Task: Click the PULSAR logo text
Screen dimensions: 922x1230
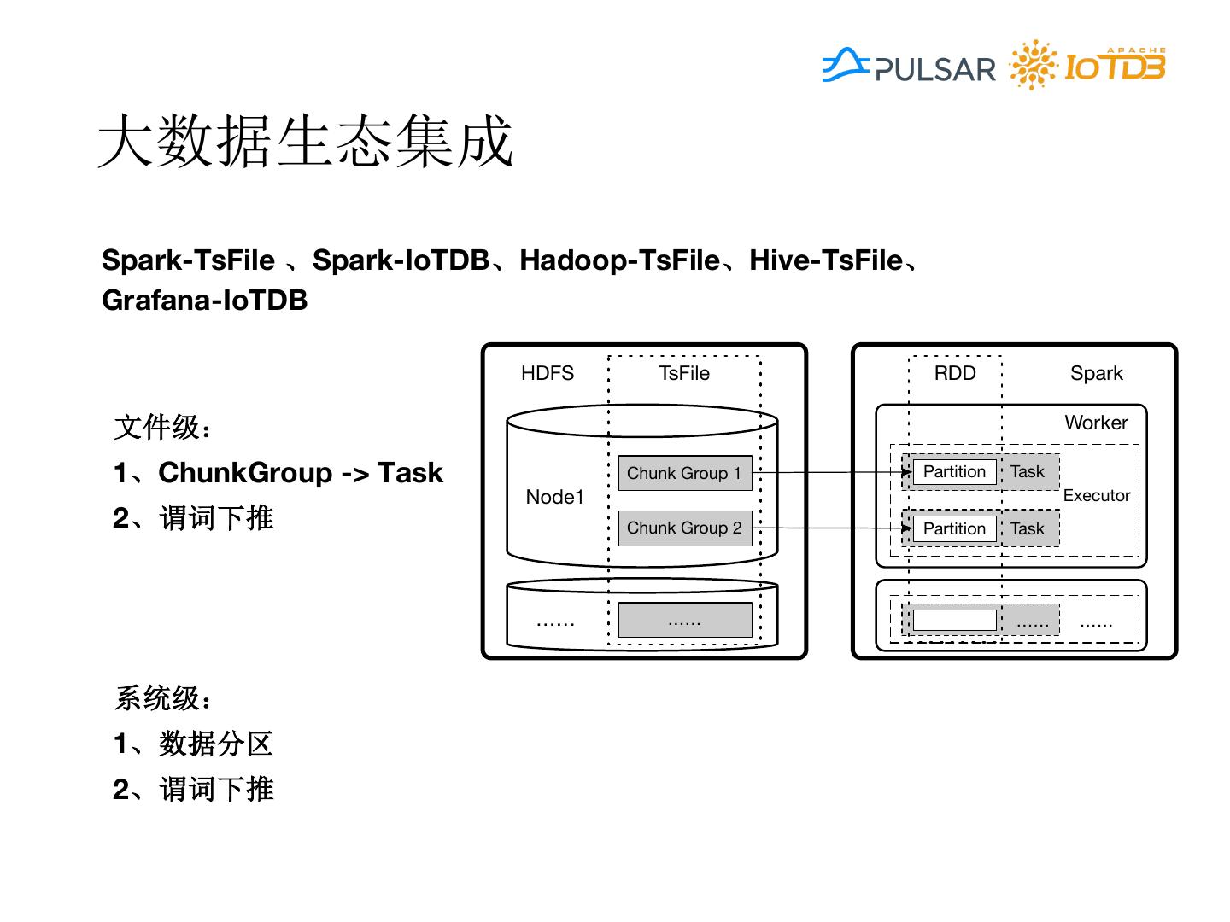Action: [934, 69]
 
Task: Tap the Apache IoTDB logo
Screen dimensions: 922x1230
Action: [1088, 65]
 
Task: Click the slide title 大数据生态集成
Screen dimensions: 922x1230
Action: [306, 141]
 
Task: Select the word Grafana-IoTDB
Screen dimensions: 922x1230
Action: [204, 301]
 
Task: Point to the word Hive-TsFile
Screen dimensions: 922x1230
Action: [826, 260]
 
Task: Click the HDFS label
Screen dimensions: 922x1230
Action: [548, 373]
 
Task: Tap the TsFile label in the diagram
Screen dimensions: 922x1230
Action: [684, 373]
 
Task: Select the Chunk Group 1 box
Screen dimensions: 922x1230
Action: [684, 473]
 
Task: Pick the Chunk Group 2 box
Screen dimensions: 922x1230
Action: [684, 528]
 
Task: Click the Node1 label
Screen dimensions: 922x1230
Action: [555, 497]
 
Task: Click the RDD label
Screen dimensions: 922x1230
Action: [955, 373]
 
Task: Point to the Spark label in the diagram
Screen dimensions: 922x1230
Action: [1097, 373]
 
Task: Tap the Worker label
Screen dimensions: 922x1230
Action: [1096, 423]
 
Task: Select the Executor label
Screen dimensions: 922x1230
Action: [1097, 495]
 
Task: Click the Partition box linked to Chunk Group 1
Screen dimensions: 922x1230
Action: [954, 472]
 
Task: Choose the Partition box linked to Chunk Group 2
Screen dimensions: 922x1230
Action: [954, 528]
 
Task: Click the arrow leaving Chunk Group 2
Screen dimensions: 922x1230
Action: [829, 528]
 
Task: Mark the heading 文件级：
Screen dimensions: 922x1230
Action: [162, 427]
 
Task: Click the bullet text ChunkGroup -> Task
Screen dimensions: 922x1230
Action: [301, 473]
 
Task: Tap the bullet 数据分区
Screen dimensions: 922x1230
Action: [215, 744]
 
